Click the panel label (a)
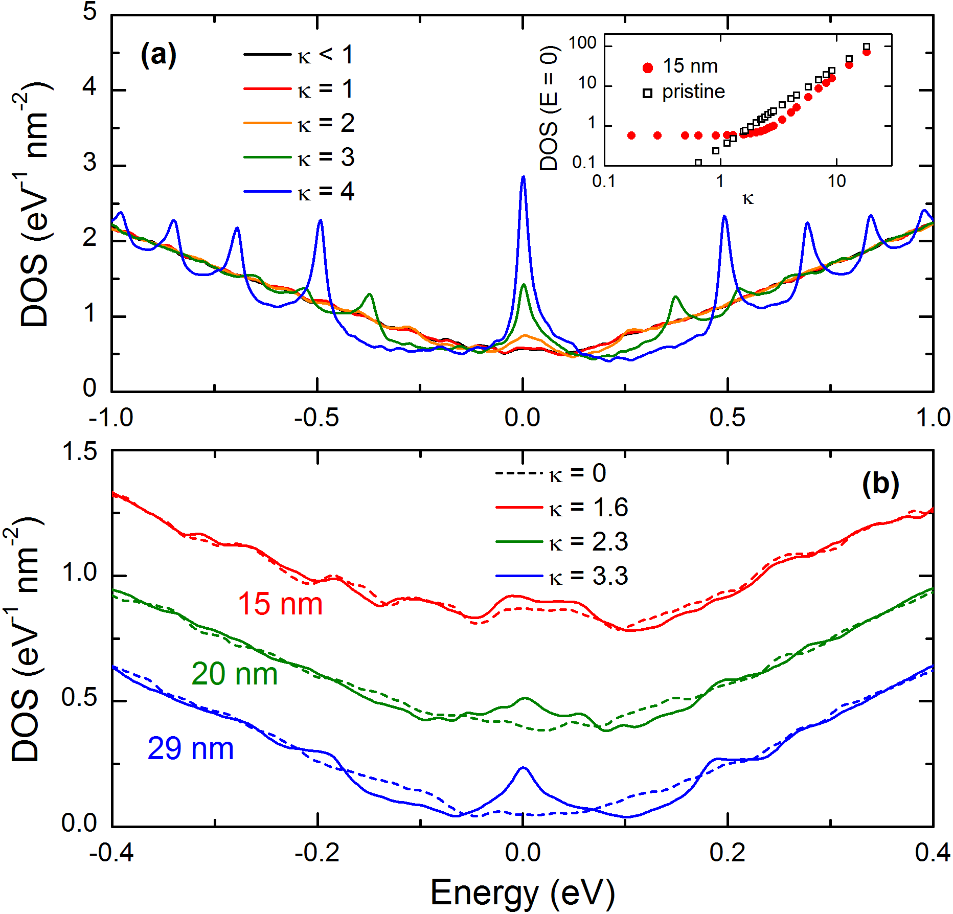click(x=158, y=55)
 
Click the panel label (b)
click(x=880, y=483)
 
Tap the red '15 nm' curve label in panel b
click(x=280, y=604)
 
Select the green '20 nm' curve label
click(x=234, y=674)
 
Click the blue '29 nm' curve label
click(x=190, y=749)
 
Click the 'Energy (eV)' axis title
click(x=523, y=892)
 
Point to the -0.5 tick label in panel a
click(x=316, y=418)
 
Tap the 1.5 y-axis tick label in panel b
click(x=79, y=451)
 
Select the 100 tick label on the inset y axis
click(x=582, y=43)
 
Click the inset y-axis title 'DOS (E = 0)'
click(x=549, y=108)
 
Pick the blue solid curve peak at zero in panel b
click(x=523, y=768)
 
